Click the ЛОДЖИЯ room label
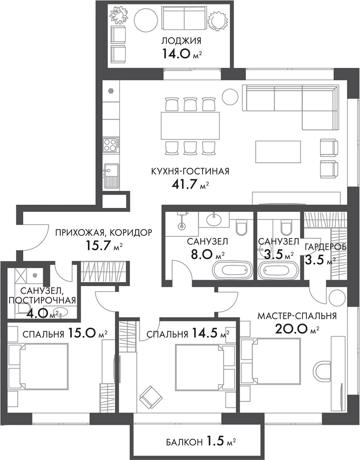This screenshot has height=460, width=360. [181, 41]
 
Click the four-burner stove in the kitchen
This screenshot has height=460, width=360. [111, 144]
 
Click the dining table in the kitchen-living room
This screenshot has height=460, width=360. [190, 125]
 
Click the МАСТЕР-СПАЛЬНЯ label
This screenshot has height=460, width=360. [297, 316]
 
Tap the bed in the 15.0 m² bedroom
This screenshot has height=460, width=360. [39, 366]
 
